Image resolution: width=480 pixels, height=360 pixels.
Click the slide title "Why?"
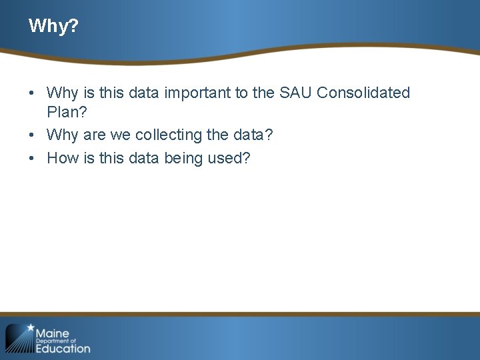tap(53, 27)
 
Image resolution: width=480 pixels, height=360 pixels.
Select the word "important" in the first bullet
tap(197, 93)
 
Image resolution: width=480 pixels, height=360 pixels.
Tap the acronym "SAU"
tap(291, 93)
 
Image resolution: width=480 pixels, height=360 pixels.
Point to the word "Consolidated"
tap(363, 93)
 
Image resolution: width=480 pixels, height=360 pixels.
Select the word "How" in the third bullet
tap(61, 159)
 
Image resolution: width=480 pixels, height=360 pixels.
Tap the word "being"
tap(175, 159)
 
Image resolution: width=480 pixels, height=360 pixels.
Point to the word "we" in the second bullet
tap(121, 135)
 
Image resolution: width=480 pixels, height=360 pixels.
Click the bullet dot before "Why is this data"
tap(33, 93)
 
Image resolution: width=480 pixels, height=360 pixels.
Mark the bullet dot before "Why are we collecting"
tap(33, 135)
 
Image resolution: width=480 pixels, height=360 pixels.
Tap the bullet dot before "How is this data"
tap(33, 159)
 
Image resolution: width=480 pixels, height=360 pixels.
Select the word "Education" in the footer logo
tap(63, 348)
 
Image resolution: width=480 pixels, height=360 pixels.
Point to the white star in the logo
tap(30, 328)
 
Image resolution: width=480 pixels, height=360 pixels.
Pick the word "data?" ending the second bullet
tap(252, 135)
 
